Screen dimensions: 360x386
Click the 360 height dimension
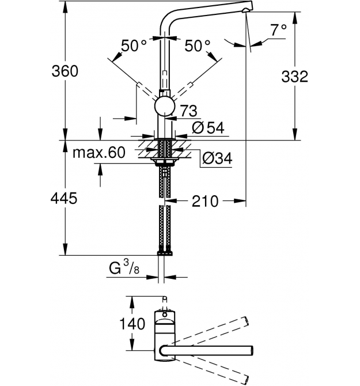[65, 71]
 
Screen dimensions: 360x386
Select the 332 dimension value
[294, 76]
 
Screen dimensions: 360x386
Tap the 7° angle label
[279, 30]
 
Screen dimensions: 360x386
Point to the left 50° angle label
[134, 46]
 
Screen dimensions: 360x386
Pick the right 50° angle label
[198, 46]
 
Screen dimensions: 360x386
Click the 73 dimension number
[189, 111]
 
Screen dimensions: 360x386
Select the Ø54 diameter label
[208, 128]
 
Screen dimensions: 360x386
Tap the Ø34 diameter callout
[217, 158]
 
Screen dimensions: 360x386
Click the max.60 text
[99, 152]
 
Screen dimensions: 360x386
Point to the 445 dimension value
[64, 198]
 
